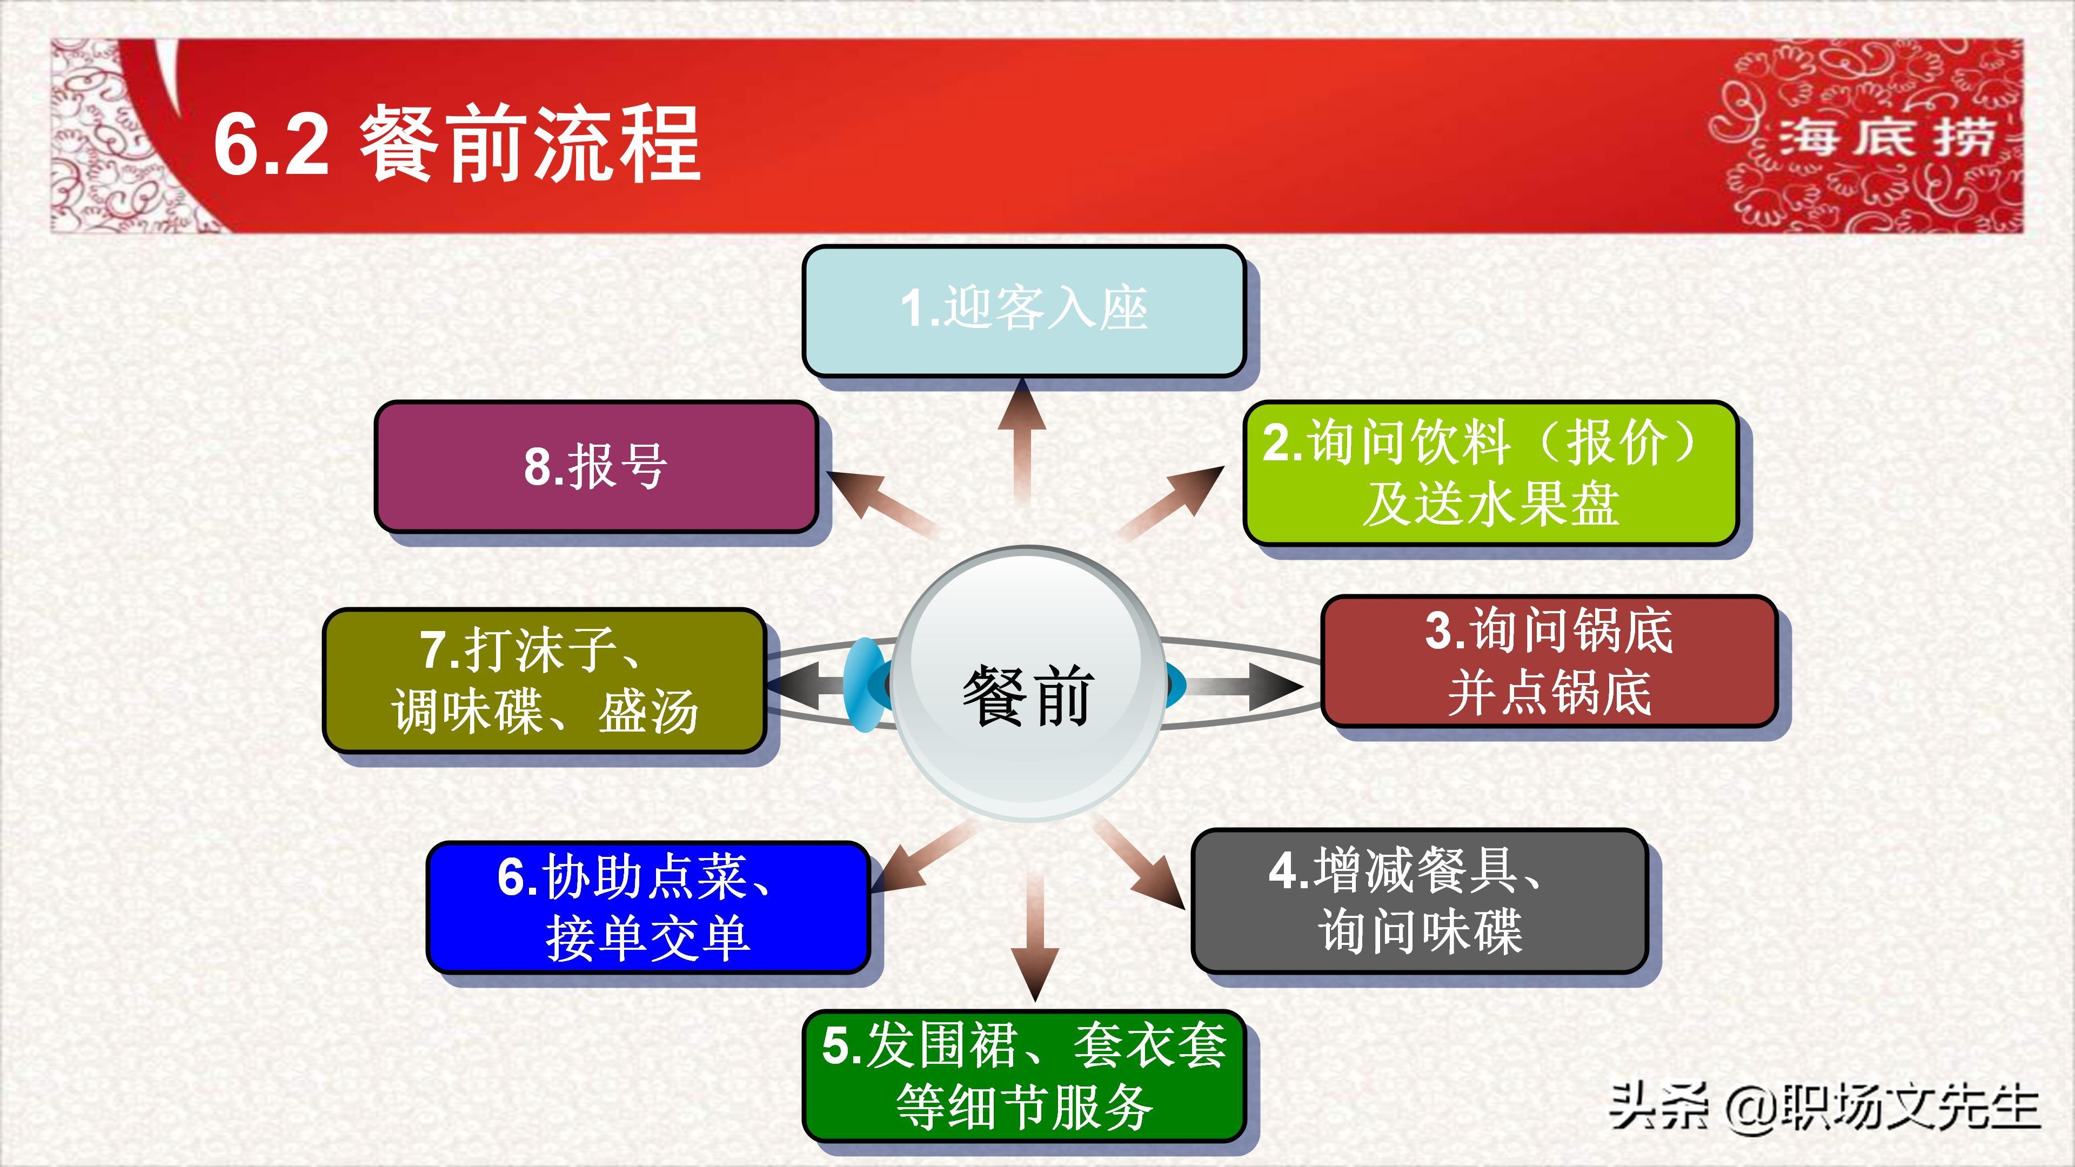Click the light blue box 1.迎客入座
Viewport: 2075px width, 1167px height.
pyautogui.click(x=1023, y=311)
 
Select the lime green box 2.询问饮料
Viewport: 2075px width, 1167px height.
pyautogui.click(x=1489, y=473)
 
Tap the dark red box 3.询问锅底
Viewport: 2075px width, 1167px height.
pyautogui.click(x=1548, y=661)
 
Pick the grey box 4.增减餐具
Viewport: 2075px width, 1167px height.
pyautogui.click(x=1418, y=901)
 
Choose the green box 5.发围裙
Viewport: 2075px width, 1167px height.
pyautogui.click(x=1023, y=1075)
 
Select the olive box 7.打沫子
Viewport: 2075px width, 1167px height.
pyautogui.click(x=544, y=681)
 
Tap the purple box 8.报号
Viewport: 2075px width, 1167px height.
pyautogui.click(x=596, y=466)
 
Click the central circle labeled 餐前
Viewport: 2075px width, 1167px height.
pyautogui.click(x=1027, y=685)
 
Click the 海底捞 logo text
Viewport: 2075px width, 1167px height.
pyautogui.click(x=1885, y=137)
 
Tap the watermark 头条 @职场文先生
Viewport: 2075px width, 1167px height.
pyautogui.click(x=1824, y=1108)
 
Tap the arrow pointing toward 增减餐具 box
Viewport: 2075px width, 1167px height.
pyautogui.click(x=1144, y=866)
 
